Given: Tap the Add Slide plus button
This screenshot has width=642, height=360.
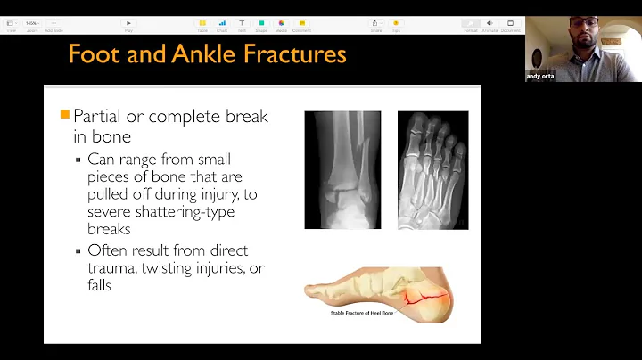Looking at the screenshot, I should click(x=53, y=23).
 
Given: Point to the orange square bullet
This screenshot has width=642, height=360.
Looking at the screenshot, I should click(x=64, y=116).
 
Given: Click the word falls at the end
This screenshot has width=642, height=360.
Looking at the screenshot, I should click(x=99, y=286).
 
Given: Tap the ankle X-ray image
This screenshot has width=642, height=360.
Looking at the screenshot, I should click(x=342, y=169).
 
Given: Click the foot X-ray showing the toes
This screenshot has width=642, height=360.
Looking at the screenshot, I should click(x=432, y=169).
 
